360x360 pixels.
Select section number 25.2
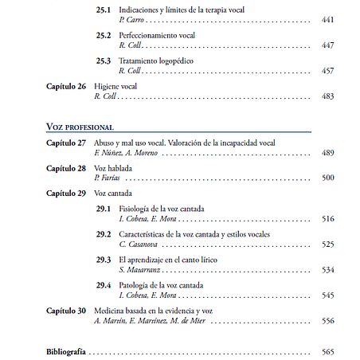(x=103, y=35)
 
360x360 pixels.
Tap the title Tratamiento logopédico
(x=155, y=61)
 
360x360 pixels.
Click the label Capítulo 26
(x=66, y=86)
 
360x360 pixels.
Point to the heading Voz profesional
(x=80, y=127)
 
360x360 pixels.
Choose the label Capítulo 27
(x=66, y=142)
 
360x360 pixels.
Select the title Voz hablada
(x=114, y=168)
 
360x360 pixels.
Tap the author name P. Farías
(x=107, y=178)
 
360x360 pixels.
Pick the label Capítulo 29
(x=66, y=194)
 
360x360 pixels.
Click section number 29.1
(x=103, y=209)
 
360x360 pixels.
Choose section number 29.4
(x=103, y=285)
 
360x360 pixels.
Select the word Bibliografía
(x=66, y=351)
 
